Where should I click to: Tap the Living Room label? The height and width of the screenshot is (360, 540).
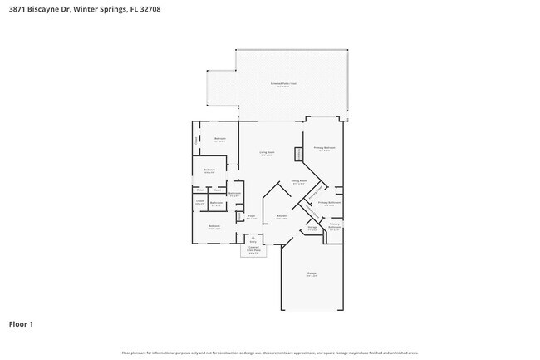[267, 153]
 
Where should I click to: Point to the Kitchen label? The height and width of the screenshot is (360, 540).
[282, 216]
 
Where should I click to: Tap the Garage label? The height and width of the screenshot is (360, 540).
[312, 274]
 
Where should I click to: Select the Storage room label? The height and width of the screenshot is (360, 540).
[312, 227]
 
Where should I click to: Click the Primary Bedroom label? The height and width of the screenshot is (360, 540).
[322, 149]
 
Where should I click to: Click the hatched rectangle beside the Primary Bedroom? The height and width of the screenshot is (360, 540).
[298, 155]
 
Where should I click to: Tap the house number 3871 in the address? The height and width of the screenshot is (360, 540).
[17, 9]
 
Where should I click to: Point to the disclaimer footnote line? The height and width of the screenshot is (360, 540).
[270, 353]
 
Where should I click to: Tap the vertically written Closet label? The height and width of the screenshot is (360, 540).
[196, 141]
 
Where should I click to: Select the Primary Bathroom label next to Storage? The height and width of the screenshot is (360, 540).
[334, 225]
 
